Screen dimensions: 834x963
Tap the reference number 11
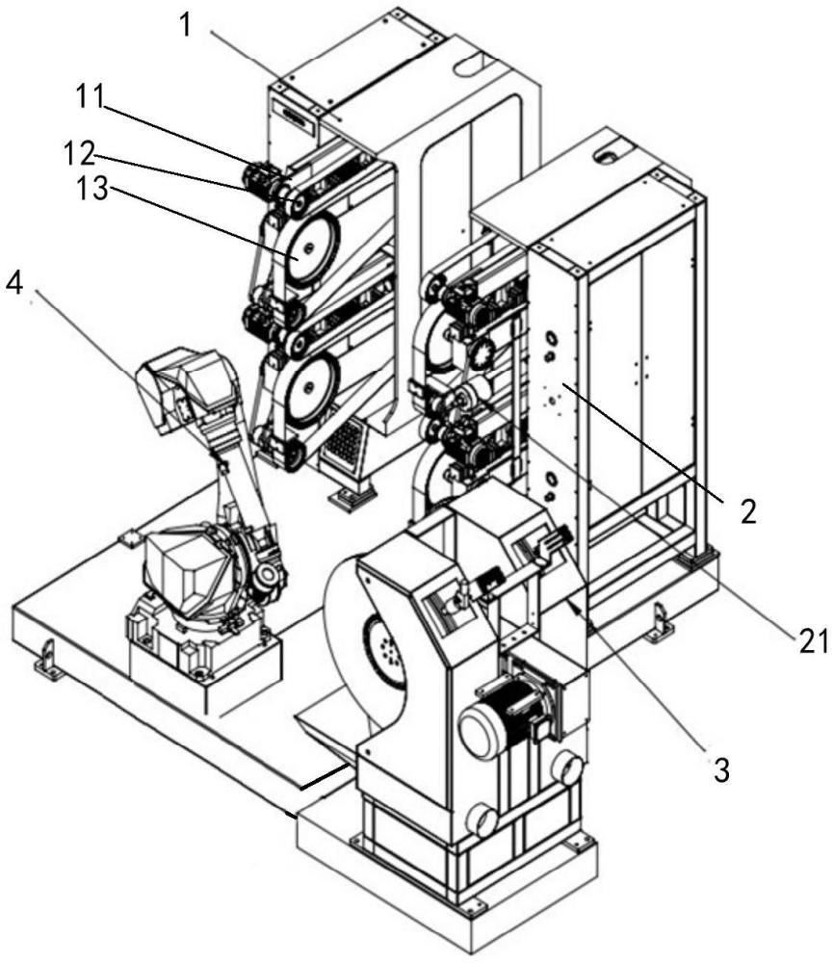coord(90,96)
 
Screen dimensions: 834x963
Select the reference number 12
coord(80,152)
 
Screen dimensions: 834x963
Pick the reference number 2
coord(748,511)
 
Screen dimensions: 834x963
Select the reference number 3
coord(720,768)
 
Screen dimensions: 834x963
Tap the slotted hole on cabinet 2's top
coord(609,155)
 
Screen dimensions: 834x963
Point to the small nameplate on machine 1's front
coord(297,115)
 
